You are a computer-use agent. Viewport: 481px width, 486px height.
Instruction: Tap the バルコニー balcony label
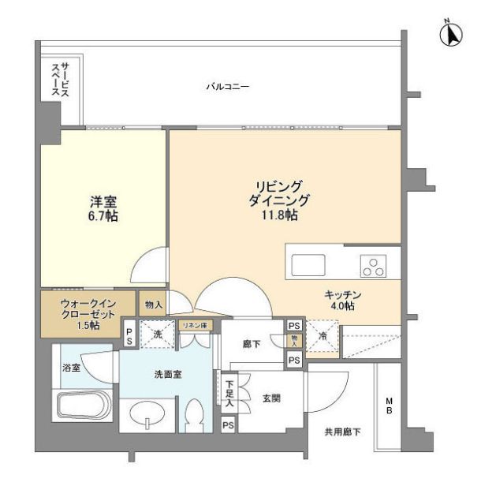[x=229, y=87]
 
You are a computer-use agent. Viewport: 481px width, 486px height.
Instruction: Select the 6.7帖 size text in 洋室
[x=103, y=215]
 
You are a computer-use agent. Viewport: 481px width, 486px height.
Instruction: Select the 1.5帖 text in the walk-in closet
[x=88, y=325]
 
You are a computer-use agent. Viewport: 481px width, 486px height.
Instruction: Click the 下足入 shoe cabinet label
[x=228, y=392]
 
